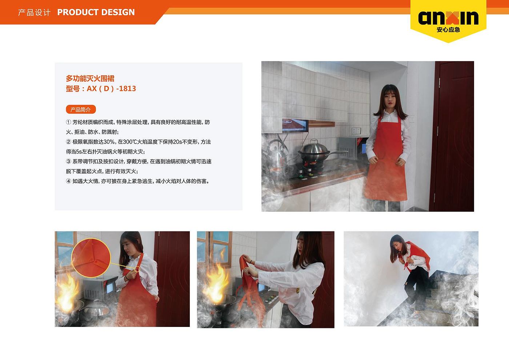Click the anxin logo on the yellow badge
[x=448, y=18]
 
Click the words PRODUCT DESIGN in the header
[x=96, y=12]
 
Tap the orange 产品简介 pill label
[x=81, y=110]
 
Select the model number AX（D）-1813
[x=111, y=89]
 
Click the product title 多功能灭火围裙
[x=90, y=78]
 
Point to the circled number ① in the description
[x=68, y=122]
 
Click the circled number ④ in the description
[x=68, y=181]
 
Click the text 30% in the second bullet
[x=109, y=142]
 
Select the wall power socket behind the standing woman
[x=356, y=131]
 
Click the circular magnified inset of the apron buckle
[x=91, y=258]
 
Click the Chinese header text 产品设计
[x=34, y=12]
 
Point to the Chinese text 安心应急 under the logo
[x=448, y=30]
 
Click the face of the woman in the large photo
[x=390, y=99]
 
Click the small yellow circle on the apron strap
[x=137, y=269]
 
